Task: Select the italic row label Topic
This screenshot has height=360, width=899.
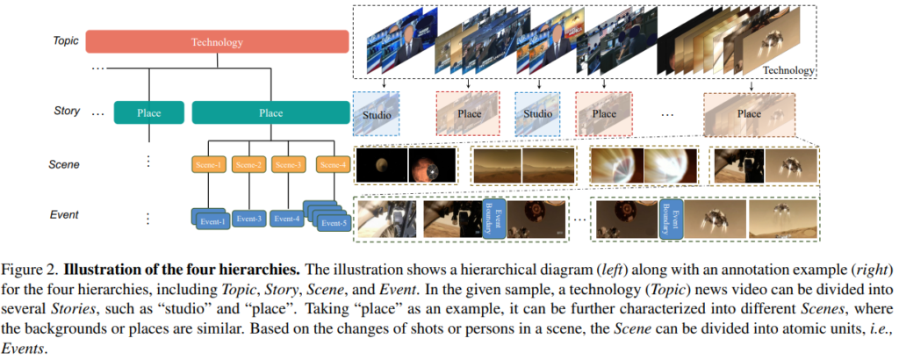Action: (x=66, y=40)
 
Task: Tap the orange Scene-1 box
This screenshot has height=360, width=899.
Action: (x=208, y=164)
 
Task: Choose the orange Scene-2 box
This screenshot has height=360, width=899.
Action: (x=249, y=164)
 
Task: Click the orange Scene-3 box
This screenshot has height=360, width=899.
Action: (x=290, y=164)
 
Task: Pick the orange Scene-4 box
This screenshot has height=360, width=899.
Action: (x=331, y=164)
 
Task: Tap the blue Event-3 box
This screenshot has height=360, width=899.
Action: (x=249, y=219)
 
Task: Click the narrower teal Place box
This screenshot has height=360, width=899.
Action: (x=149, y=112)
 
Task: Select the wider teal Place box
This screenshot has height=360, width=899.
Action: (x=270, y=112)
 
